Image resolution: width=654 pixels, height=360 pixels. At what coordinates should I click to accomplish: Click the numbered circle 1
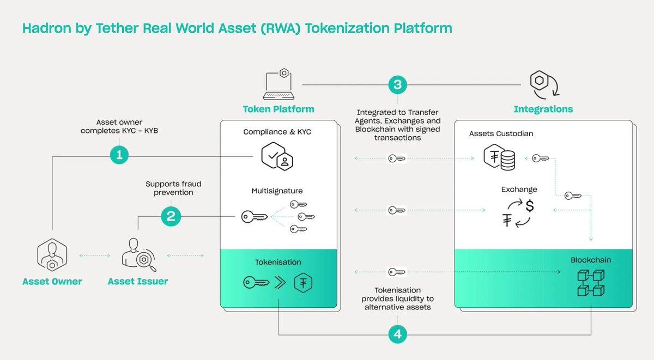pos(119,155)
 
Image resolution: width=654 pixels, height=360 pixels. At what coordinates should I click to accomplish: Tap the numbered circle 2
pos(171,217)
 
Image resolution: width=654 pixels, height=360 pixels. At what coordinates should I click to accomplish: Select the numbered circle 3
pos(397,84)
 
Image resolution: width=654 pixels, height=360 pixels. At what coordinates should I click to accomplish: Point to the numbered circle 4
pos(397,334)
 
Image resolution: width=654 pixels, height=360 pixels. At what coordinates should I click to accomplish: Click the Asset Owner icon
pos(52,255)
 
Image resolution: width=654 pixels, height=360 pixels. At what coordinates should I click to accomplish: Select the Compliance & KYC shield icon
pos(277,156)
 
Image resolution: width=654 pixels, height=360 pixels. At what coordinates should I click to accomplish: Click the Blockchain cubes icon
pos(591,283)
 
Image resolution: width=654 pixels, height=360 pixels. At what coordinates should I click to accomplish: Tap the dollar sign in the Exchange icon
pos(530,206)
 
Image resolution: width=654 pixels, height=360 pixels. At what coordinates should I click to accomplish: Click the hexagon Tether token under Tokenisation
pos(303,283)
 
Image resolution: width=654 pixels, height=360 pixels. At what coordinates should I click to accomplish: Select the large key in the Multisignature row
pos(255,217)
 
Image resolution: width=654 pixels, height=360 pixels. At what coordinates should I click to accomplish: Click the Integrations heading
pos(543,109)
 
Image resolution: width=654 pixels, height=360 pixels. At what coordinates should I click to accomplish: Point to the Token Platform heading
pos(278,109)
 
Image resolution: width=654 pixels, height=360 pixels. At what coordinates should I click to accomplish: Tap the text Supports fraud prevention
pos(173,188)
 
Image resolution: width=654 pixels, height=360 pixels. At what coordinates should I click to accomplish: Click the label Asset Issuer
pos(138,282)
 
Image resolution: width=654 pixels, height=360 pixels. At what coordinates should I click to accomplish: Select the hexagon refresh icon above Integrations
pos(544,84)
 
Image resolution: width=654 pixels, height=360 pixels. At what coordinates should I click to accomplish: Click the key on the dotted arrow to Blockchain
pos(396,271)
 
